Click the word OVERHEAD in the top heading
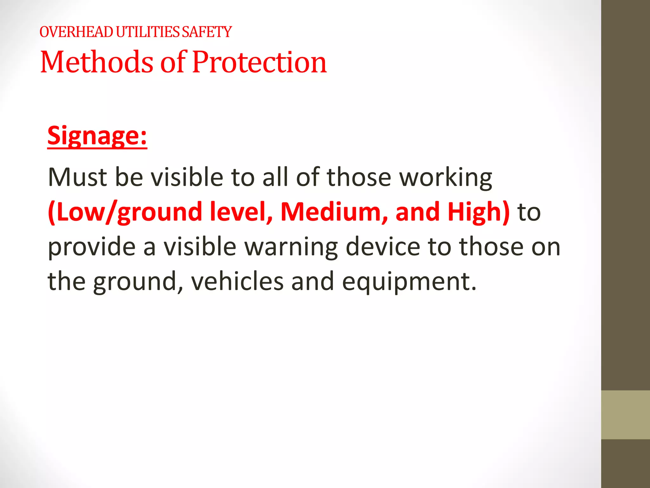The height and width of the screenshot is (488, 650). (76, 32)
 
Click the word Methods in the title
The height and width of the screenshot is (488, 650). (97, 62)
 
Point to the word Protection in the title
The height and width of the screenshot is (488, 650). (259, 62)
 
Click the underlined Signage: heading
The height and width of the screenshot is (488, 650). (97, 136)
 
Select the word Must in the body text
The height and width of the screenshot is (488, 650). (77, 177)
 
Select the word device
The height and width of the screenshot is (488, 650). (383, 247)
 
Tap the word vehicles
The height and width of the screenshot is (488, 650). (237, 281)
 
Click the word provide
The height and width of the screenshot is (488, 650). (91, 247)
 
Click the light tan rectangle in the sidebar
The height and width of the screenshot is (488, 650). (625, 415)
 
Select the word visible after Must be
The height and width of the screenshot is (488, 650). (187, 177)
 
